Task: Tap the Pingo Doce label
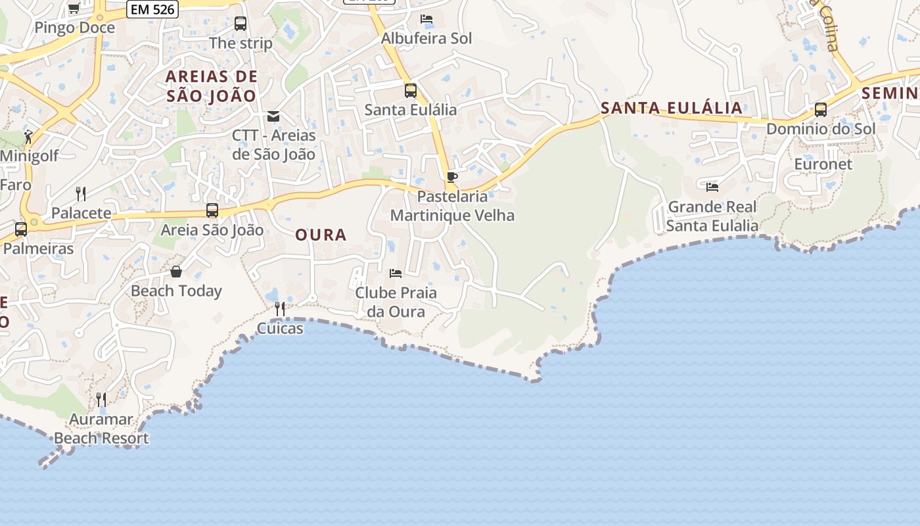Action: (74, 28)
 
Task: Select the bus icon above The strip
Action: (241, 24)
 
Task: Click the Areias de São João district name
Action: (211, 86)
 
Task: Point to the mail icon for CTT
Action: (273, 116)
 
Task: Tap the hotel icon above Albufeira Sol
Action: (426, 19)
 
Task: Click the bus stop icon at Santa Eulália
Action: (411, 91)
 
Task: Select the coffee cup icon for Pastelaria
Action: (451, 177)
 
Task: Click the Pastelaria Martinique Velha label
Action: (452, 206)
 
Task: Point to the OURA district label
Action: (321, 235)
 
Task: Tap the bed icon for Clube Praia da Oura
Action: (396, 273)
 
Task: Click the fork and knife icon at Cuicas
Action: (280, 308)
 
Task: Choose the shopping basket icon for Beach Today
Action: (176, 272)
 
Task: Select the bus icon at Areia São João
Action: (212, 210)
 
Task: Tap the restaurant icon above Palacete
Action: (81, 193)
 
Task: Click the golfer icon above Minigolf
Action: (28, 137)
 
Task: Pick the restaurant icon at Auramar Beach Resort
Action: (101, 399)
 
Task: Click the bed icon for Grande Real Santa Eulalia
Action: (712, 187)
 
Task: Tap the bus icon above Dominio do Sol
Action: (821, 110)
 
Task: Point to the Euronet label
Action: (823, 164)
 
